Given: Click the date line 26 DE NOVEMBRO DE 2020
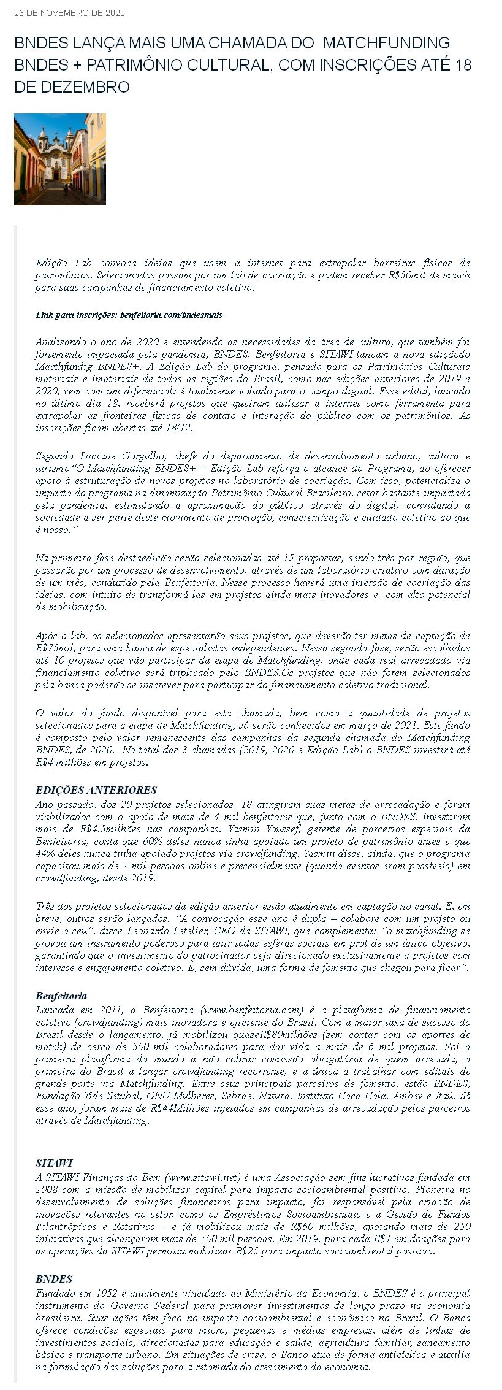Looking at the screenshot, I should pyautogui.click(x=69, y=13).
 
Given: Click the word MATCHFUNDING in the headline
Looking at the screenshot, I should pyautogui.click(x=386, y=43).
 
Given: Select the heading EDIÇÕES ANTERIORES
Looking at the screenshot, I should pyautogui.click(x=96, y=790).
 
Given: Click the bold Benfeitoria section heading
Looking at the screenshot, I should pyautogui.click(x=61, y=996).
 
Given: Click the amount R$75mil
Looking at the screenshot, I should pyautogui.click(x=55, y=648).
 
